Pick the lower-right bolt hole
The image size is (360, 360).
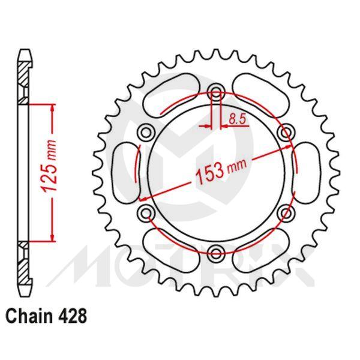point(286,212)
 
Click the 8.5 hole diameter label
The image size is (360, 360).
point(236,119)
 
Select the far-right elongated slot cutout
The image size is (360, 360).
point(307,171)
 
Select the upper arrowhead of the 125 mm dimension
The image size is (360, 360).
point(53,107)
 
